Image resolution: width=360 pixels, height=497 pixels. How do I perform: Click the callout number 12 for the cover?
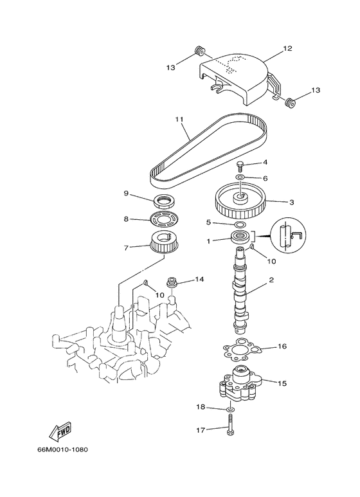click(x=287, y=49)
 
